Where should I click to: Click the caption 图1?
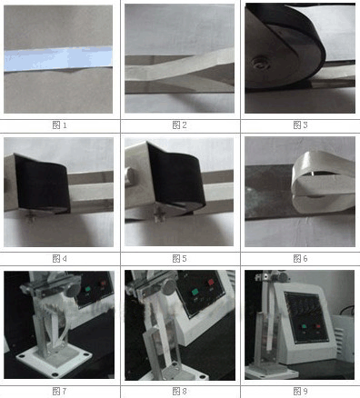pos(60,124)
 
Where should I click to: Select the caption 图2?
pos(179,124)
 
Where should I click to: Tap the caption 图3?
pos(300,124)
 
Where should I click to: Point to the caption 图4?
pos(60,258)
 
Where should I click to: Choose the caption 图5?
pos(179,258)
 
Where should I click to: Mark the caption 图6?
pos(300,258)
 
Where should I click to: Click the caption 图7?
pos(60,391)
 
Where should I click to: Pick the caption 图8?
pos(179,391)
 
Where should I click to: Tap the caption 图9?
pos(300,391)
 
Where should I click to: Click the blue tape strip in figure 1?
pos(58,59)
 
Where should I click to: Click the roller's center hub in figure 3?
pos(259,64)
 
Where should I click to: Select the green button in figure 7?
pos(88,289)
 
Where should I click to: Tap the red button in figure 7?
pos(104,284)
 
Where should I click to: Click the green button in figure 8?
pos(195,293)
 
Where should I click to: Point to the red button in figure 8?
pos(211,283)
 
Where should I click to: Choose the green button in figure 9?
pos(304,326)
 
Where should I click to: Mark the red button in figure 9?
pos(318,326)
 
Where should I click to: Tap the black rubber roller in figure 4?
pos(43,184)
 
